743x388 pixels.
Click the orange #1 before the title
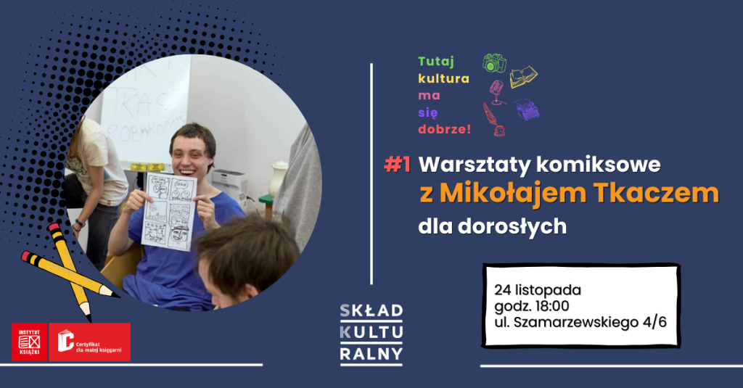pos(397,165)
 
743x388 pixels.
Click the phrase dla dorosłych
pos(492,226)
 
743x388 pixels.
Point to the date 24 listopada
pos(538,290)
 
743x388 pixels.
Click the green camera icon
pos(494,63)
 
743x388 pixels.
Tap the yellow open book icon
pos(523,76)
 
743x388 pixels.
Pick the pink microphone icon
pos(496,91)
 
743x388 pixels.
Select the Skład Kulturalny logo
pos(371,333)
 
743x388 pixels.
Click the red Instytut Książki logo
pos(29,342)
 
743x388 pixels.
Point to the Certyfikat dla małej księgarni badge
pos(90,342)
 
